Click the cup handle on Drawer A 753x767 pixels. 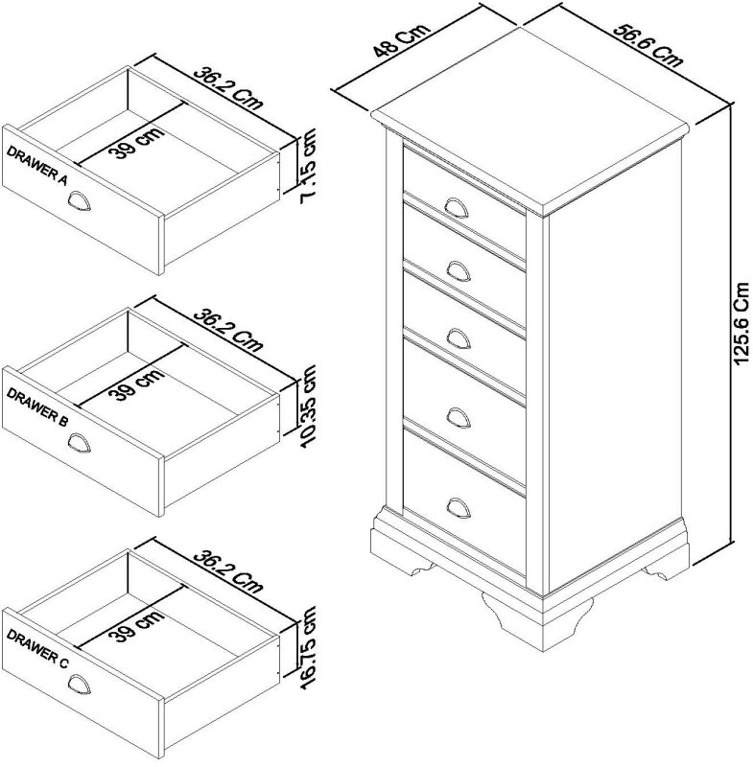82,200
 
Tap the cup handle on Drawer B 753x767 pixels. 82,442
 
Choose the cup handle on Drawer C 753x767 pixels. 82,684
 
